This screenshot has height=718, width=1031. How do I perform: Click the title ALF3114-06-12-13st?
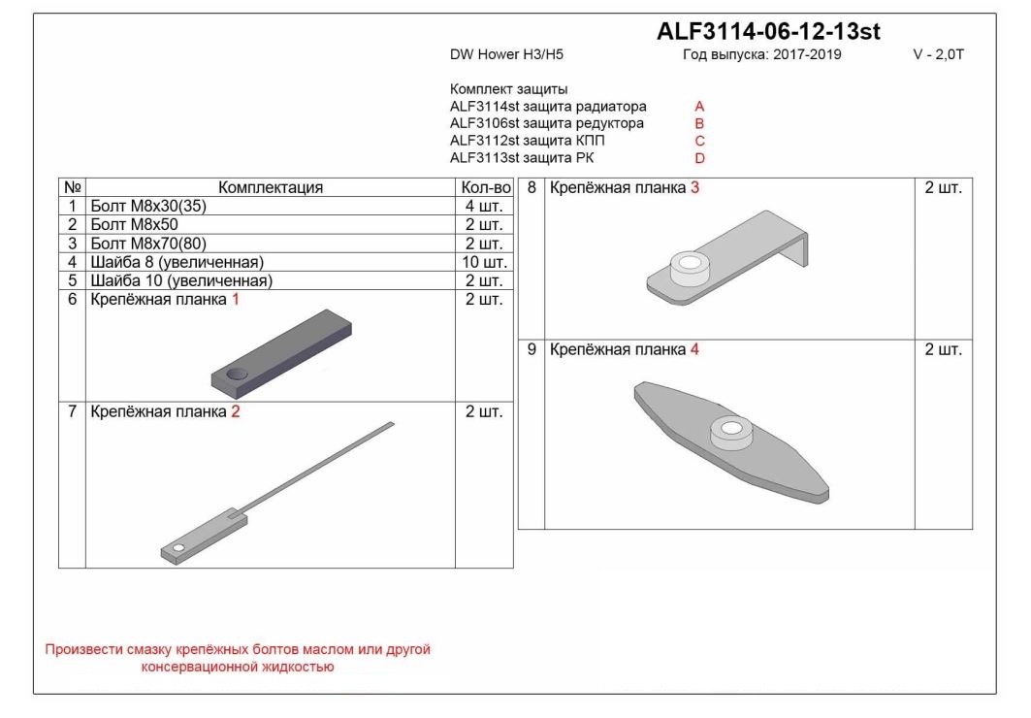pyautogui.click(x=768, y=31)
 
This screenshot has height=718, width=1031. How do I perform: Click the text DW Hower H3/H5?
pyautogui.click(x=506, y=54)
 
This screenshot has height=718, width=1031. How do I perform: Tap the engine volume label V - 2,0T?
pyautogui.click(x=938, y=54)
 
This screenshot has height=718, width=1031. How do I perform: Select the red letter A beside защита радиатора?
pyautogui.click(x=699, y=107)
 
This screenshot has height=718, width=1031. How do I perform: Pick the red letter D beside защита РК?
pyautogui.click(x=699, y=158)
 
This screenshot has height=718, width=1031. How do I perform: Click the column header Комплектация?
pyautogui.click(x=271, y=187)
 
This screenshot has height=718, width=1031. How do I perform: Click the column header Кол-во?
pyautogui.click(x=486, y=187)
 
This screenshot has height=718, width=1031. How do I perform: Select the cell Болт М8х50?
pyautogui.click(x=134, y=224)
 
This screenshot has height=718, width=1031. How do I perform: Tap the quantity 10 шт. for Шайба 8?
pyautogui.click(x=485, y=262)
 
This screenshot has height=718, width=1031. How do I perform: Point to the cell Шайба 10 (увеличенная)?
pyautogui.click(x=180, y=280)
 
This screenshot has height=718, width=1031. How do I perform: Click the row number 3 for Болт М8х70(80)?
pyautogui.click(x=73, y=244)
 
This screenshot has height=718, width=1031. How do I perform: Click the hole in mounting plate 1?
pyautogui.click(x=237, y=375)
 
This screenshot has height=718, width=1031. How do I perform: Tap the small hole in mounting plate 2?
pyautogui.click(x=178, y=547)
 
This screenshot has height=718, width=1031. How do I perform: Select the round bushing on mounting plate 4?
pyautogui.click(x=730, y=434)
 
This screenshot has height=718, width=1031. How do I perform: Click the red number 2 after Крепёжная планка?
pyautogui.click(x=236, y=412)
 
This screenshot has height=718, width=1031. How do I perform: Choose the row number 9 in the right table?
pyautogui.click(x=532, y=350)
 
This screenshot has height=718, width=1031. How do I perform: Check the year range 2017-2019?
pyautogui.click(x=807, y=54)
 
